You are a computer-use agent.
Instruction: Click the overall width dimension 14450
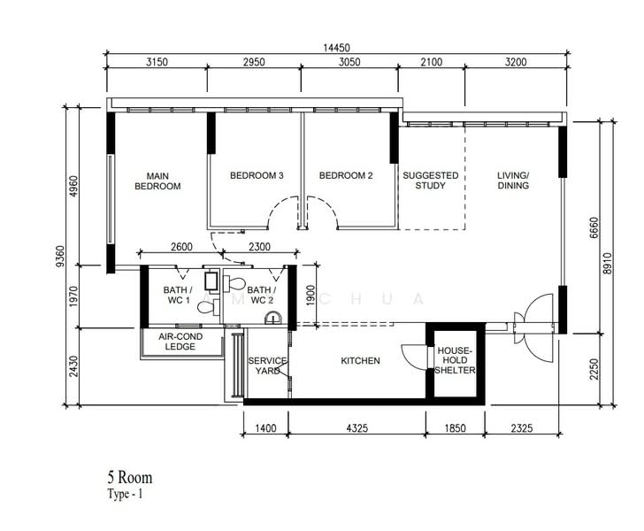(x=336, y=48)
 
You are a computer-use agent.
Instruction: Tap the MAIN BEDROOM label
(x=157, y=181)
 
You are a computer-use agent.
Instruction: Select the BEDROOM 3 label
(x=257, y=175)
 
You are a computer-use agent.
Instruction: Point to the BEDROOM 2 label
(x=346, y=175)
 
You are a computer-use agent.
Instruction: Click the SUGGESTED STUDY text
(x=431, y=181)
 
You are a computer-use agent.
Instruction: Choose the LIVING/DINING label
(x=513, y=181)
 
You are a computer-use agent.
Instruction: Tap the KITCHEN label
(x=360, y=360)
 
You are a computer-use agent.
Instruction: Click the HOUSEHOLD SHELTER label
(x=455, y=360)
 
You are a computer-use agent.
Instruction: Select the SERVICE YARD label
(x=267, y=366)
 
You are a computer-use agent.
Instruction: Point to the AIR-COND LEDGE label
(x=180, y=342)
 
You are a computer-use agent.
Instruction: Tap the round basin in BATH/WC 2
(x=273, y=318)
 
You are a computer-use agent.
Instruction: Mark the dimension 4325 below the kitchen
(x=356, y=428)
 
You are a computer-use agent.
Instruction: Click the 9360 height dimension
(x=60, y=256)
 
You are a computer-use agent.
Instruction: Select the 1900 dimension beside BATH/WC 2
(x=310, y=296)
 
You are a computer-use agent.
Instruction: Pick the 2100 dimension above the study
(x=432, y=62)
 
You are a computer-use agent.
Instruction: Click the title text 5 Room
(x=130, y=478)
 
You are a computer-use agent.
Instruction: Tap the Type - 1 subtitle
(x=125, y=494)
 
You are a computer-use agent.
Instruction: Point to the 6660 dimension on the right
(x=594, y=228)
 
